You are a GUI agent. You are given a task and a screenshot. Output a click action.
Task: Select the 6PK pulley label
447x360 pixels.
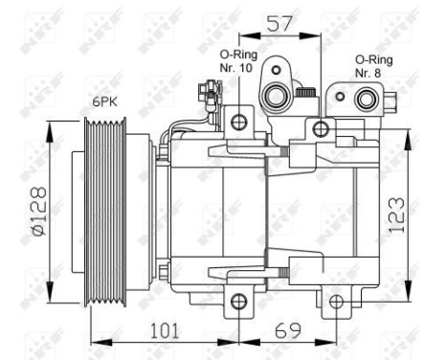[x=104, y=101]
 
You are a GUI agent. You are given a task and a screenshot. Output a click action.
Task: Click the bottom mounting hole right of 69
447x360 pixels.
[x=335, y=304]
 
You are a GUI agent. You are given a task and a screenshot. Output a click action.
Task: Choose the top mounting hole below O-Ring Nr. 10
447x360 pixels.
[x=238, y=122]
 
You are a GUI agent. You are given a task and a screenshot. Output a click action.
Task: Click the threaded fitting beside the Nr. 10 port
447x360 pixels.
[x=307, y=93]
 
